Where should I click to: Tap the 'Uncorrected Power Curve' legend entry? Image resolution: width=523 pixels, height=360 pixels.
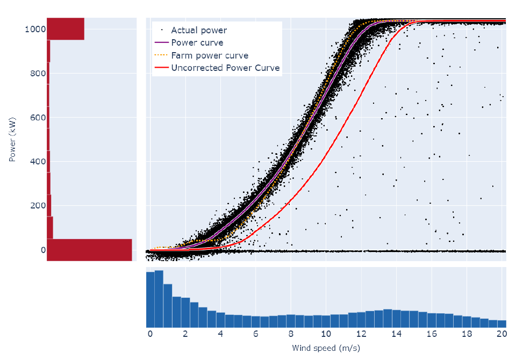225,68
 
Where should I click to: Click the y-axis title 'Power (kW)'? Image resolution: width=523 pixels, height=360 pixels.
12,139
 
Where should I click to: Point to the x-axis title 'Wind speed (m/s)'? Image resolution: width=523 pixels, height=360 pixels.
326,348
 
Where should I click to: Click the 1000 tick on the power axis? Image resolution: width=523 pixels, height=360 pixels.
32,29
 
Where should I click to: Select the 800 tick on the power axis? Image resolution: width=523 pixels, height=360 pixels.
34,73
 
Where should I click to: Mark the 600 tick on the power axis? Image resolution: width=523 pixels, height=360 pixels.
34,117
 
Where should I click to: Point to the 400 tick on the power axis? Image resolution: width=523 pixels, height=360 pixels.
34,161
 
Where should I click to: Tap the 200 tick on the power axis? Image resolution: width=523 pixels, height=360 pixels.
34,206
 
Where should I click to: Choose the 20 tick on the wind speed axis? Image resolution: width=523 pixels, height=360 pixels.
501,334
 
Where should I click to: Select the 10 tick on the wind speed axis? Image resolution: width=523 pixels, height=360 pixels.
325,334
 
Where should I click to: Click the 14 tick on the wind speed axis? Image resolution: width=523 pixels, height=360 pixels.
396,334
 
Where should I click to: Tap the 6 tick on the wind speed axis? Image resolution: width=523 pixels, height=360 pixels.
255,334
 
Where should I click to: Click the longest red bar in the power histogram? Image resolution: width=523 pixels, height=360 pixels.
89,250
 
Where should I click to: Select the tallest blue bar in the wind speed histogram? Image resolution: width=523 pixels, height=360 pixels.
159,299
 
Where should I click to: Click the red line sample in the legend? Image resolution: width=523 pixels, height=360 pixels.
161,68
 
